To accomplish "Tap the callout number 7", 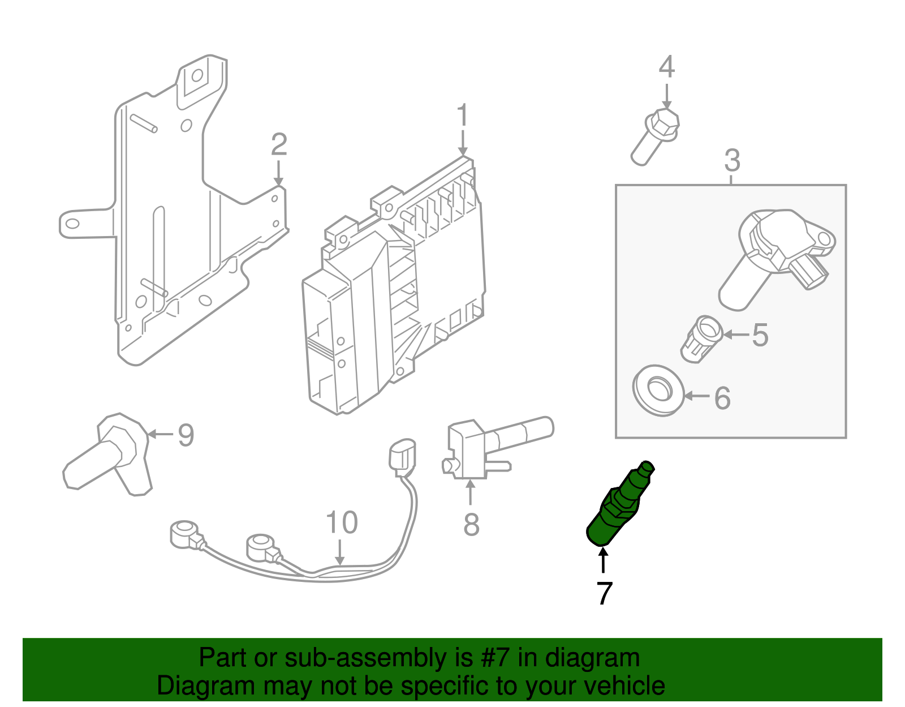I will coord(604,593).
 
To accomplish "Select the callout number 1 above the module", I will coord(463,115).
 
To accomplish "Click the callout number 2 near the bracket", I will coord(279,145).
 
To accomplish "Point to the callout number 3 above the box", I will coord(732,161).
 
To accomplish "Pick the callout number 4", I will coord(667,67).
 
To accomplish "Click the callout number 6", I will coord(722,399).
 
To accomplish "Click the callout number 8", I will coord(471,525).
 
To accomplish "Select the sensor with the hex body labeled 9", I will coord(110,453).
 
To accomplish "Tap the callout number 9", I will coord(186,435).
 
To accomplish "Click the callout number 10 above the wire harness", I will coord(342,522).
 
